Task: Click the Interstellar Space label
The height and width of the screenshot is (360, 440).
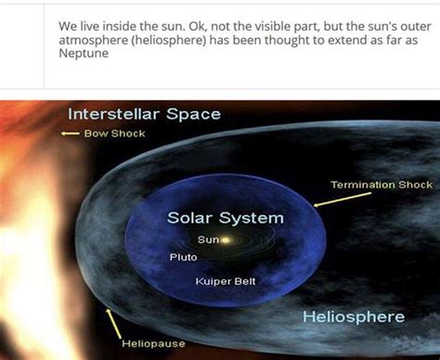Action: [x=144, y=114]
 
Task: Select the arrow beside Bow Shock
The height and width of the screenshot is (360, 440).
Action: [x=68, y=134]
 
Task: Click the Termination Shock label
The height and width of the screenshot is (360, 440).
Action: [x=382, y=186]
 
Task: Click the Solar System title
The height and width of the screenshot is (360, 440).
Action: [x=226, y=218]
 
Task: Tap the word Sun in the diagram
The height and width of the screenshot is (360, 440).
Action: [x=208, y=239]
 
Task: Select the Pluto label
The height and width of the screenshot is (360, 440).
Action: [x=183, y=257]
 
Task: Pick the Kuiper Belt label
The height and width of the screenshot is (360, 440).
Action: [x=226, y=280]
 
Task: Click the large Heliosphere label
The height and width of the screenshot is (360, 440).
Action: [x=354, y=317]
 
